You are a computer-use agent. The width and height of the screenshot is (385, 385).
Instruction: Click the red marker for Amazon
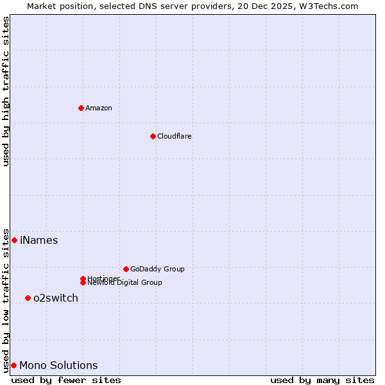81,108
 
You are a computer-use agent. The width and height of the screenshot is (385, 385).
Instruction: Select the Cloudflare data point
153,136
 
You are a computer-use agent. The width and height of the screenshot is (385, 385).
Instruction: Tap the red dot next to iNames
14,240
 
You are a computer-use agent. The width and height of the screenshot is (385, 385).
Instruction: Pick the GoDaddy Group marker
126,269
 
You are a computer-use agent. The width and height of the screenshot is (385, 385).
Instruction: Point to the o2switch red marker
28,298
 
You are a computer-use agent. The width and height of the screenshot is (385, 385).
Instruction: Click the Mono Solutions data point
13,365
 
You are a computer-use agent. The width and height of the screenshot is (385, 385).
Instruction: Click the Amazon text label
98,108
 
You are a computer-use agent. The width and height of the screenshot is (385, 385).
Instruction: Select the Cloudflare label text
174,136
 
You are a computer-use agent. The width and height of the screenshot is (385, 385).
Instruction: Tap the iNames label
38,241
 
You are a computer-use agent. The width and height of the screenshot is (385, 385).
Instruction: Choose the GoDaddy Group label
157,269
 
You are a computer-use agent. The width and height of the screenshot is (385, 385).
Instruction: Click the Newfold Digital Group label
124,282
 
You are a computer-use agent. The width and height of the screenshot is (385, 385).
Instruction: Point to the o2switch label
56,298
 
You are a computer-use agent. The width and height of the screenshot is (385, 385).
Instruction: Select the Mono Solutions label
58,366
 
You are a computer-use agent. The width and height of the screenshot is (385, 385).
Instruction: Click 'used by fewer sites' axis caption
66,380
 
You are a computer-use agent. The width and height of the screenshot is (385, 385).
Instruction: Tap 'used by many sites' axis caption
322,380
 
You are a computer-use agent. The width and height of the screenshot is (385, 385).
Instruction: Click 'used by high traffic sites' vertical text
6,91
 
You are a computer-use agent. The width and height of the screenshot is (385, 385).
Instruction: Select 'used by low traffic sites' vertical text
6,300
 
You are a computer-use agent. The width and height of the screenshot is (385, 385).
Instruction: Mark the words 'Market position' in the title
56,6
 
